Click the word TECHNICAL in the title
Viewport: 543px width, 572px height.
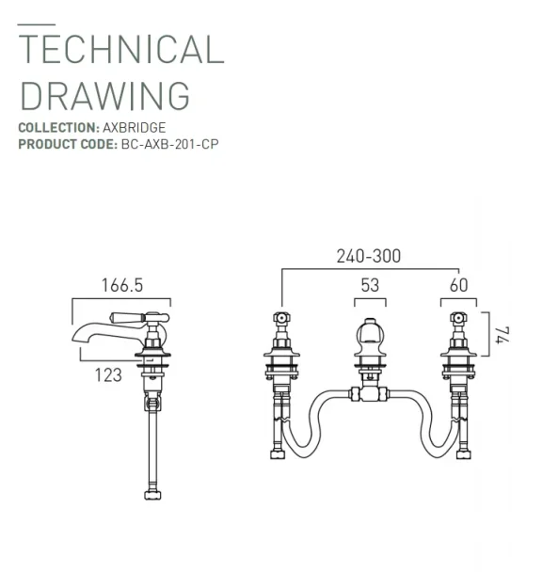[121, 49]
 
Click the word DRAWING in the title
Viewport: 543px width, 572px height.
[104, 95]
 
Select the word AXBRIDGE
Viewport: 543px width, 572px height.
[134, 127]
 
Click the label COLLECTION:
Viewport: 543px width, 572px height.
[58, 127]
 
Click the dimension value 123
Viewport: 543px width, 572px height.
[108, 374]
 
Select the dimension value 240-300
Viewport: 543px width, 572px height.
[368, 256]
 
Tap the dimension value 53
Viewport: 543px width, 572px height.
[370, 286]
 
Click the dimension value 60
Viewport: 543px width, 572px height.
[458, 286]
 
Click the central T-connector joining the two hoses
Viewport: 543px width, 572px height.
[370, 393]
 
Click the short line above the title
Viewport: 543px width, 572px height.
[36, 24]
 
